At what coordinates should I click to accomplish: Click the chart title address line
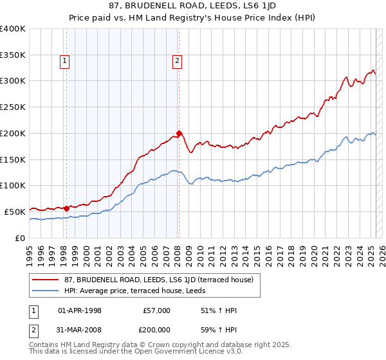pos(192,7)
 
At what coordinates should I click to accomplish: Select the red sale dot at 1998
pos(66,208)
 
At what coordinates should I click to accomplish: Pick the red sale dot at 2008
pos(179,133)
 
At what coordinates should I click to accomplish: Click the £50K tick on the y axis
pos(15,212)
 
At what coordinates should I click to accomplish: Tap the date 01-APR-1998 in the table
pos(80,310)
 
